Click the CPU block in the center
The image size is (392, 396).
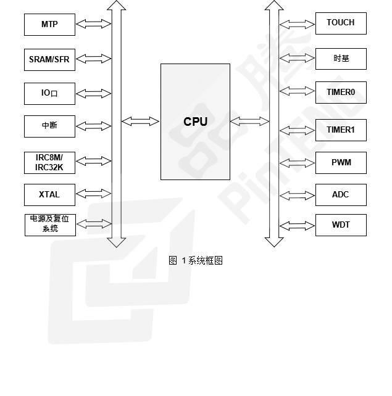pyautogui.click(x=195, y=122)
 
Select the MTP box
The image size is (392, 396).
pyautogui.click(x=49, y=25)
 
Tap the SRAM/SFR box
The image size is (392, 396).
pyautogui.click(x=49, y=60)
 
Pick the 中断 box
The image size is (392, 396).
pyautogui.click(x=49, y=126)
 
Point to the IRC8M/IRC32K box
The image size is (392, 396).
pyautogui.click(x=49, y=162)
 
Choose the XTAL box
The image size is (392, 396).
pyautogui.click(x=49, y=194)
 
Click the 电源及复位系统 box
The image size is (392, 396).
pyautogui.click(x=49, y=224)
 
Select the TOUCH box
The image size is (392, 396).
pyautogui.click(x=341, y=23)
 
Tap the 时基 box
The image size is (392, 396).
pyautogui.click(x=341, y=59)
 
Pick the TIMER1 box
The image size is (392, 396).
pyautogui.click(x=341, y=130)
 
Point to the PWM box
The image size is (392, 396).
pyautogui.click(x=341, y=163)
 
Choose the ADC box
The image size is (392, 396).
pyautogui.click(x=341, y=195)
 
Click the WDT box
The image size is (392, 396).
pyautogui.click(x=341, y=225)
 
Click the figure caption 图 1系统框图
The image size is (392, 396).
pyautogui.click(x=196, y=260)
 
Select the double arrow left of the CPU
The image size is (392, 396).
pyautogui.click(x=140, y=122)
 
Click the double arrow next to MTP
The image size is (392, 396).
pyautogui.click(x=94, y=24)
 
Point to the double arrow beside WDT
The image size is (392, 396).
pyautogui.click(x=296, y=225)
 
